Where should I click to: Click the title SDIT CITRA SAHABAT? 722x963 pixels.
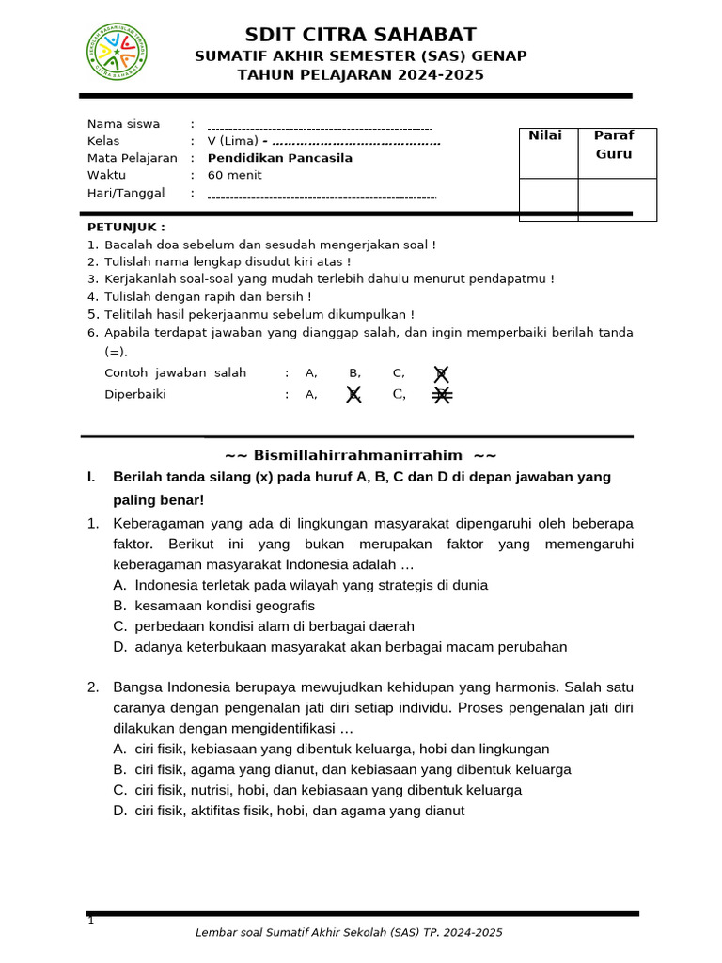[360, 35]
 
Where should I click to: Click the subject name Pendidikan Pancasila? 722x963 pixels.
[280, 158]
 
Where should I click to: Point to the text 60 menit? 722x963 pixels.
[235, 175]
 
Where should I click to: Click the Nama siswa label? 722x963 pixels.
[123, 124]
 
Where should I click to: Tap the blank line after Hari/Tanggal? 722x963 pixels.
[322, 196]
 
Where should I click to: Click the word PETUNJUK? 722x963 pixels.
[126, 227]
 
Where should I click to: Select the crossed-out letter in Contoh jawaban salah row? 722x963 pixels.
[441, 373]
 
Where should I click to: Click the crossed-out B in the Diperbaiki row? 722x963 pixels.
[353, 395]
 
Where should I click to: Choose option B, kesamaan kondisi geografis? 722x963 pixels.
[225, 606]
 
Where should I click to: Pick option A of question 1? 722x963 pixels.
[310, 585]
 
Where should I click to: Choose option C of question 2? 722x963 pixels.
[327, 790]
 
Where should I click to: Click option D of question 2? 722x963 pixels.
[299, 811]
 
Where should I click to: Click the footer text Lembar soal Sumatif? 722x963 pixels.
[348, 933]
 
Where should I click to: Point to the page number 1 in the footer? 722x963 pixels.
[91, 920]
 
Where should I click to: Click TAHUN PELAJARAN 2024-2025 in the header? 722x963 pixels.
[360, 75]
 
